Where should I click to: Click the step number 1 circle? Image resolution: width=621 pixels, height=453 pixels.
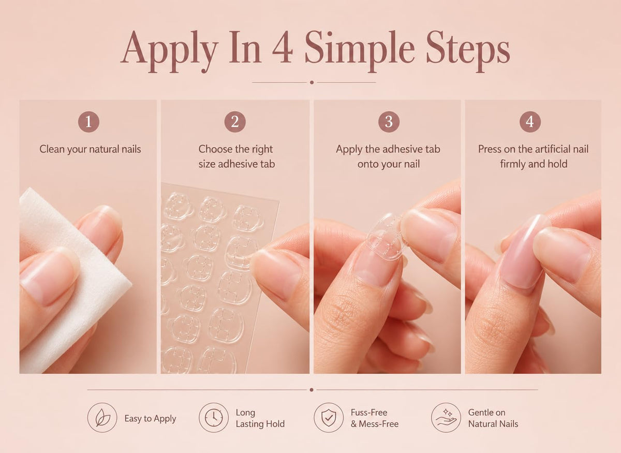(x=88, y=122)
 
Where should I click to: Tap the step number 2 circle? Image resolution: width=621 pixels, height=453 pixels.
(x=235, y=122)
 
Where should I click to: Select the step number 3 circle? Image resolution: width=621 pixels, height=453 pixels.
(x=389, y=122)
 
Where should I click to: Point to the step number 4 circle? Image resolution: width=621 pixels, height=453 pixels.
(x=530, y=122)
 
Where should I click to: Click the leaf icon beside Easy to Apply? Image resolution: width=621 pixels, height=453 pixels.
(x=102, y=418)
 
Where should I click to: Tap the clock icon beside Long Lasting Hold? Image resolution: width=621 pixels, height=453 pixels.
(x=213, y=418)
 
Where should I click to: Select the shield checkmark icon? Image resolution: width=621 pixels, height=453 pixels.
(x=329, y=418)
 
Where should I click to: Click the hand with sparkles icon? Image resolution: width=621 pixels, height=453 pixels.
(x=446, y=418)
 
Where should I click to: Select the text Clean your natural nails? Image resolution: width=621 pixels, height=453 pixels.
(x=90, y=150)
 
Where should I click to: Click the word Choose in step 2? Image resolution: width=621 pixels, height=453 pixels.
(x=213, y=149)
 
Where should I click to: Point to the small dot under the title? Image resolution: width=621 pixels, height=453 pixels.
(x=312, y=82)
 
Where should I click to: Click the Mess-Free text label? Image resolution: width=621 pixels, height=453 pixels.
(x=378, y=424)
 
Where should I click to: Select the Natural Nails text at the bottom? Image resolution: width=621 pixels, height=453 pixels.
(x=493, y=424)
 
